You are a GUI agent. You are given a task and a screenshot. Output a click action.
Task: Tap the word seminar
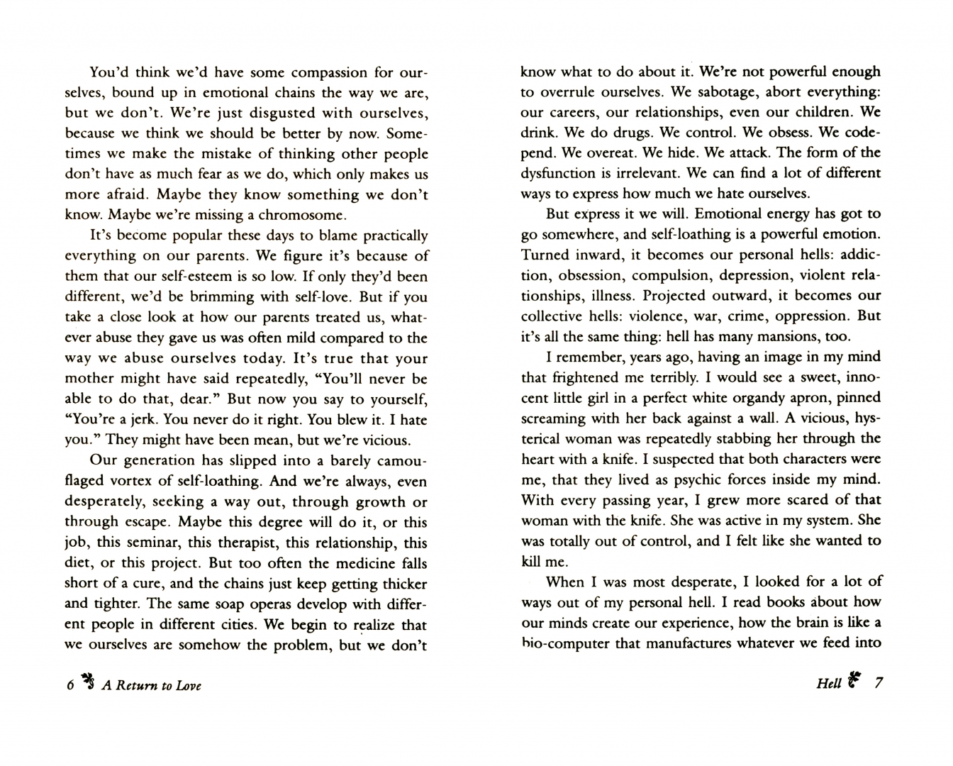click(x=187, y=543)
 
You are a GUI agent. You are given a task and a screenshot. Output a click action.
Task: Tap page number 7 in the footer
click(x=879, y=683)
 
